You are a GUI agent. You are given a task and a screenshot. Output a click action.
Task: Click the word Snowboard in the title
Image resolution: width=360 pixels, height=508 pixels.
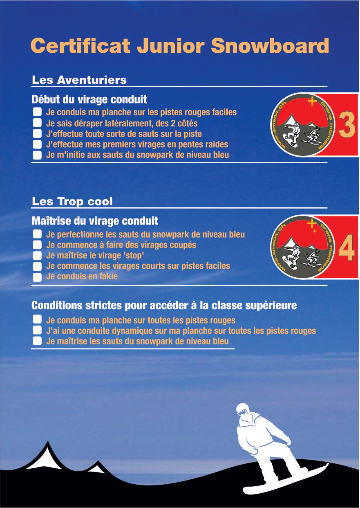(270, 45)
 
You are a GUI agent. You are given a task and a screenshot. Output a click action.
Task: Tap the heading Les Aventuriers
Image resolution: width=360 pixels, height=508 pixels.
(79, 80)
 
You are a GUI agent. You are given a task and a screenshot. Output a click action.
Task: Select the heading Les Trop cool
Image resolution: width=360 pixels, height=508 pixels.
(72, 202)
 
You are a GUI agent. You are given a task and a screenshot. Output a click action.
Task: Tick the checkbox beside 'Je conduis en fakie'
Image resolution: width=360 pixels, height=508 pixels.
(37, 277)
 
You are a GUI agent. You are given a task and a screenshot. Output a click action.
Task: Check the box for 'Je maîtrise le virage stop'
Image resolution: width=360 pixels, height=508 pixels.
(37, 255)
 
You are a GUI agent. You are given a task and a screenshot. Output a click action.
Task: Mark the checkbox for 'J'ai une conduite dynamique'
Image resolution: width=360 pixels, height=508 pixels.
(37, 330)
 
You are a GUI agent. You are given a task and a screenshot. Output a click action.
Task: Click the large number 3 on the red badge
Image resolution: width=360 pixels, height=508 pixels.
(347, 125)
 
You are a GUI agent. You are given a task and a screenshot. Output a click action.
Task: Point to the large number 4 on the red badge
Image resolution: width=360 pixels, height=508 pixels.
(347, 247)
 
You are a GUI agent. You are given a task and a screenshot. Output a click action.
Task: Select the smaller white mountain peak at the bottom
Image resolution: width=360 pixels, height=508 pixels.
(97, 468)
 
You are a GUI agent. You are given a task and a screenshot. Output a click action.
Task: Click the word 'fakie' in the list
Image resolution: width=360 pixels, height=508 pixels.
(108, 276)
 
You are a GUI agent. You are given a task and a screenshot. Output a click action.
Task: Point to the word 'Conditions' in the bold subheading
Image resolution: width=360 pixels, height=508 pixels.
(57, 306)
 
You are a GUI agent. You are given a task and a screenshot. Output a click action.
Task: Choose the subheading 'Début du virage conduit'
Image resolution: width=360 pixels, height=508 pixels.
(89, 99)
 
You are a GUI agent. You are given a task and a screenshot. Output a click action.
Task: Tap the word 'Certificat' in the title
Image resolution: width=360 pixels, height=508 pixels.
(80, 45)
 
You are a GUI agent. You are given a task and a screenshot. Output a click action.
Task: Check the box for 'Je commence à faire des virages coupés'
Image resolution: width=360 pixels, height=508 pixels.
(37, 245)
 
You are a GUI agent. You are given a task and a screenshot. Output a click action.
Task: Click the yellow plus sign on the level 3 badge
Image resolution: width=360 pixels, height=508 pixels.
(312, 101)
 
